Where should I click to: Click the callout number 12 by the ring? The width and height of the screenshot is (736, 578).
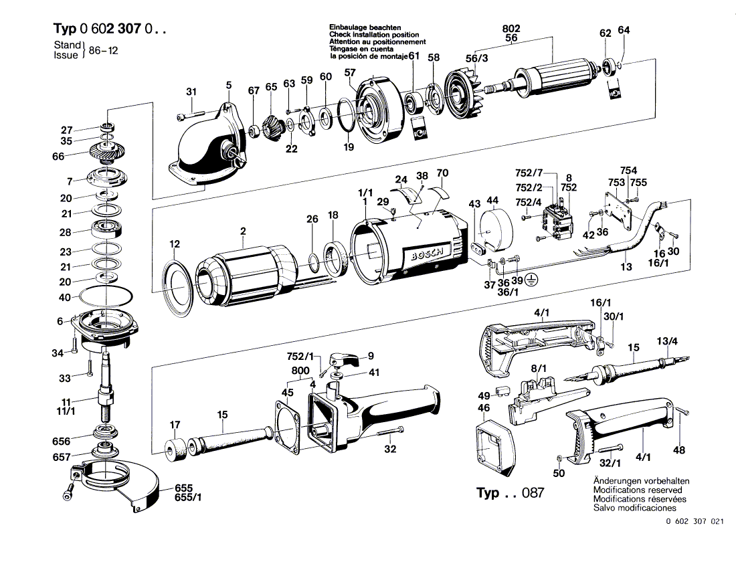(175, 244)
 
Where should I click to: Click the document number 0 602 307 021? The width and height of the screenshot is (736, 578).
(695, 522)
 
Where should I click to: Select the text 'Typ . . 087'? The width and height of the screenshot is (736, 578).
(510, 494)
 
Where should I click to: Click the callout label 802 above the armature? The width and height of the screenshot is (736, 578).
(511, 28)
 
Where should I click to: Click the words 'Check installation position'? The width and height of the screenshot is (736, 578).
(374, 34)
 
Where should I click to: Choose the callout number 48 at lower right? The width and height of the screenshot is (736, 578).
(679, 450)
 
